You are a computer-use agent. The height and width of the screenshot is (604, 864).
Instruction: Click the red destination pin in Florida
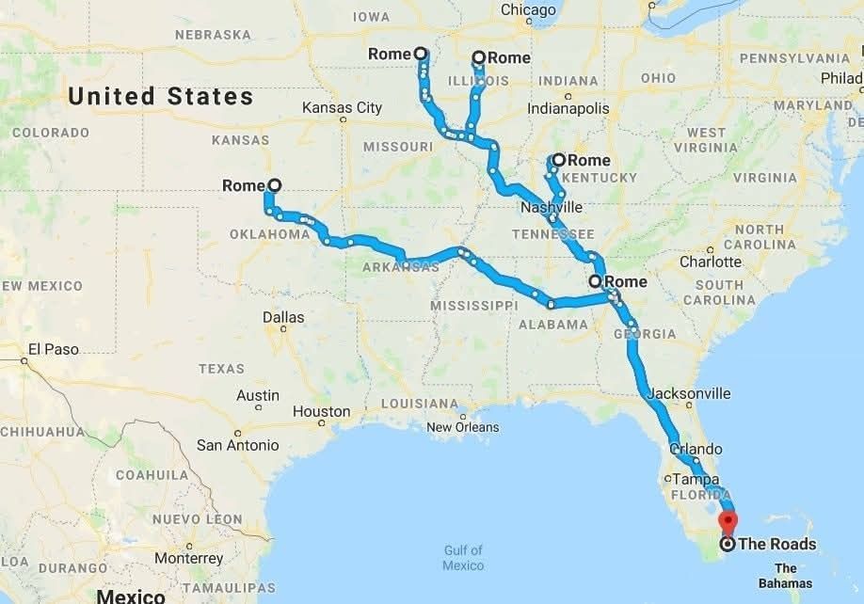coord(728,521)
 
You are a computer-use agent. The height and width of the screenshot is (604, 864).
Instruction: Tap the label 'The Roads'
coord(777,544)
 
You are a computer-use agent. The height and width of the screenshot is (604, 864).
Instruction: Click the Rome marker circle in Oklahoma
coord(274,185)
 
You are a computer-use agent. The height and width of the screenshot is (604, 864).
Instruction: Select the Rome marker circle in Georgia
coord(595,281)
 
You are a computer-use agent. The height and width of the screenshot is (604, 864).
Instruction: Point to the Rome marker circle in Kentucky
coord(559,160)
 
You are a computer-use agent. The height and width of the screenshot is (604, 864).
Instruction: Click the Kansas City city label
coord(342,108)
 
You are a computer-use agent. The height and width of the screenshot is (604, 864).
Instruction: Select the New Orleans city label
coord(463,427)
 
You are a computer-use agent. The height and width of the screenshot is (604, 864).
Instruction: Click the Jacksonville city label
coord(689,392)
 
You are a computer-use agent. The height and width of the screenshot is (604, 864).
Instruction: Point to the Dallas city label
coord(283,317)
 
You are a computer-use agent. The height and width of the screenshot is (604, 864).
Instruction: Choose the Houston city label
coord(321,411)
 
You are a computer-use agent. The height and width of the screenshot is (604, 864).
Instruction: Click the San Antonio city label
coord(237,445)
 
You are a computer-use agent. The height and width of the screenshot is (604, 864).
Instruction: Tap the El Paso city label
coord(53,349)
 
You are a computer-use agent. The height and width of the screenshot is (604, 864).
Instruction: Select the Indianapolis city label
coord(568,109)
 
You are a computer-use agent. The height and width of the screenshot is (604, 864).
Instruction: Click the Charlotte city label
coord(711,262)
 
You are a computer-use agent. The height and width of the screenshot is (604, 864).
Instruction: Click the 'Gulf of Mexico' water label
coord(463,558)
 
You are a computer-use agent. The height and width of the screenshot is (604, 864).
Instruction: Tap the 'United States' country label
coord(161,96)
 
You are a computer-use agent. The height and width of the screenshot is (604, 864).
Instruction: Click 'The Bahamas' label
coord(786,575)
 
